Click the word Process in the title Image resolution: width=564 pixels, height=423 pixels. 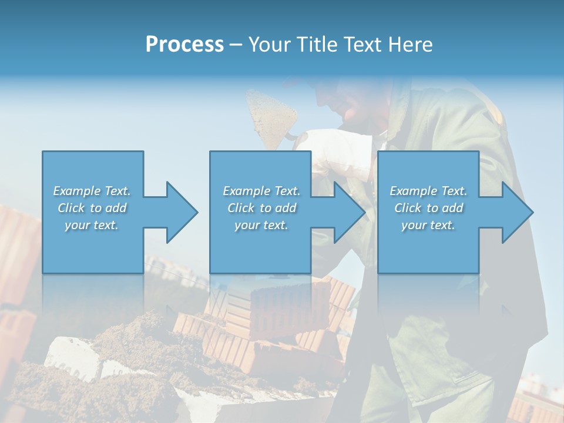pyautogui.click(x=184, y=45)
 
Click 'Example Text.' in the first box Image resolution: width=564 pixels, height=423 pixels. pyautogui.click(x=92, y=191)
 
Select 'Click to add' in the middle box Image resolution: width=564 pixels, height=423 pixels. pyautogui.click(x=261, y=208)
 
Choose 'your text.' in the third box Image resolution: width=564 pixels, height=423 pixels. pyautogui.click(x=428, y=225)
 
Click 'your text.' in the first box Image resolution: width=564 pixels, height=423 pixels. pyautogui.click(x=92, y=225)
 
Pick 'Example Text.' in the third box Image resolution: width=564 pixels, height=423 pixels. pyautogui.click(x=428, y=191)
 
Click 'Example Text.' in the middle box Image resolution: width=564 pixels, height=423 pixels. pyautogui.click(x=261, y=191)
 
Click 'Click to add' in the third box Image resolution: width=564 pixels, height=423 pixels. pyautogui.click(x=428, y=208)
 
